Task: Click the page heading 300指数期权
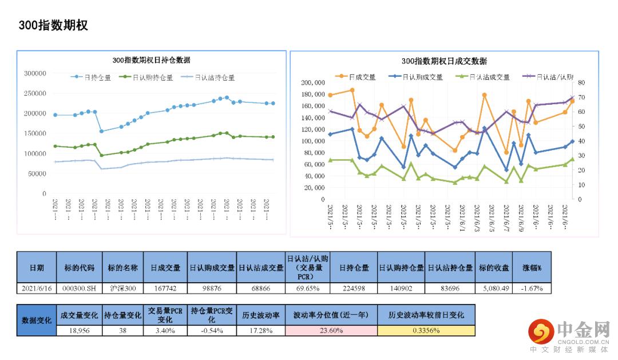53,26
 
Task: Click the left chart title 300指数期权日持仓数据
151,60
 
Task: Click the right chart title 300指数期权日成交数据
444,61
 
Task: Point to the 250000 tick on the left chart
35,93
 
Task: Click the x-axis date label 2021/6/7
506,217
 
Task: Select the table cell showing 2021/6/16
36,288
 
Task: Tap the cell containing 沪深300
122,288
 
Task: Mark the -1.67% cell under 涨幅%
532,288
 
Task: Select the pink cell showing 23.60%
331,330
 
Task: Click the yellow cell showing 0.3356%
426,330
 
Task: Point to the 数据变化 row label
36,320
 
